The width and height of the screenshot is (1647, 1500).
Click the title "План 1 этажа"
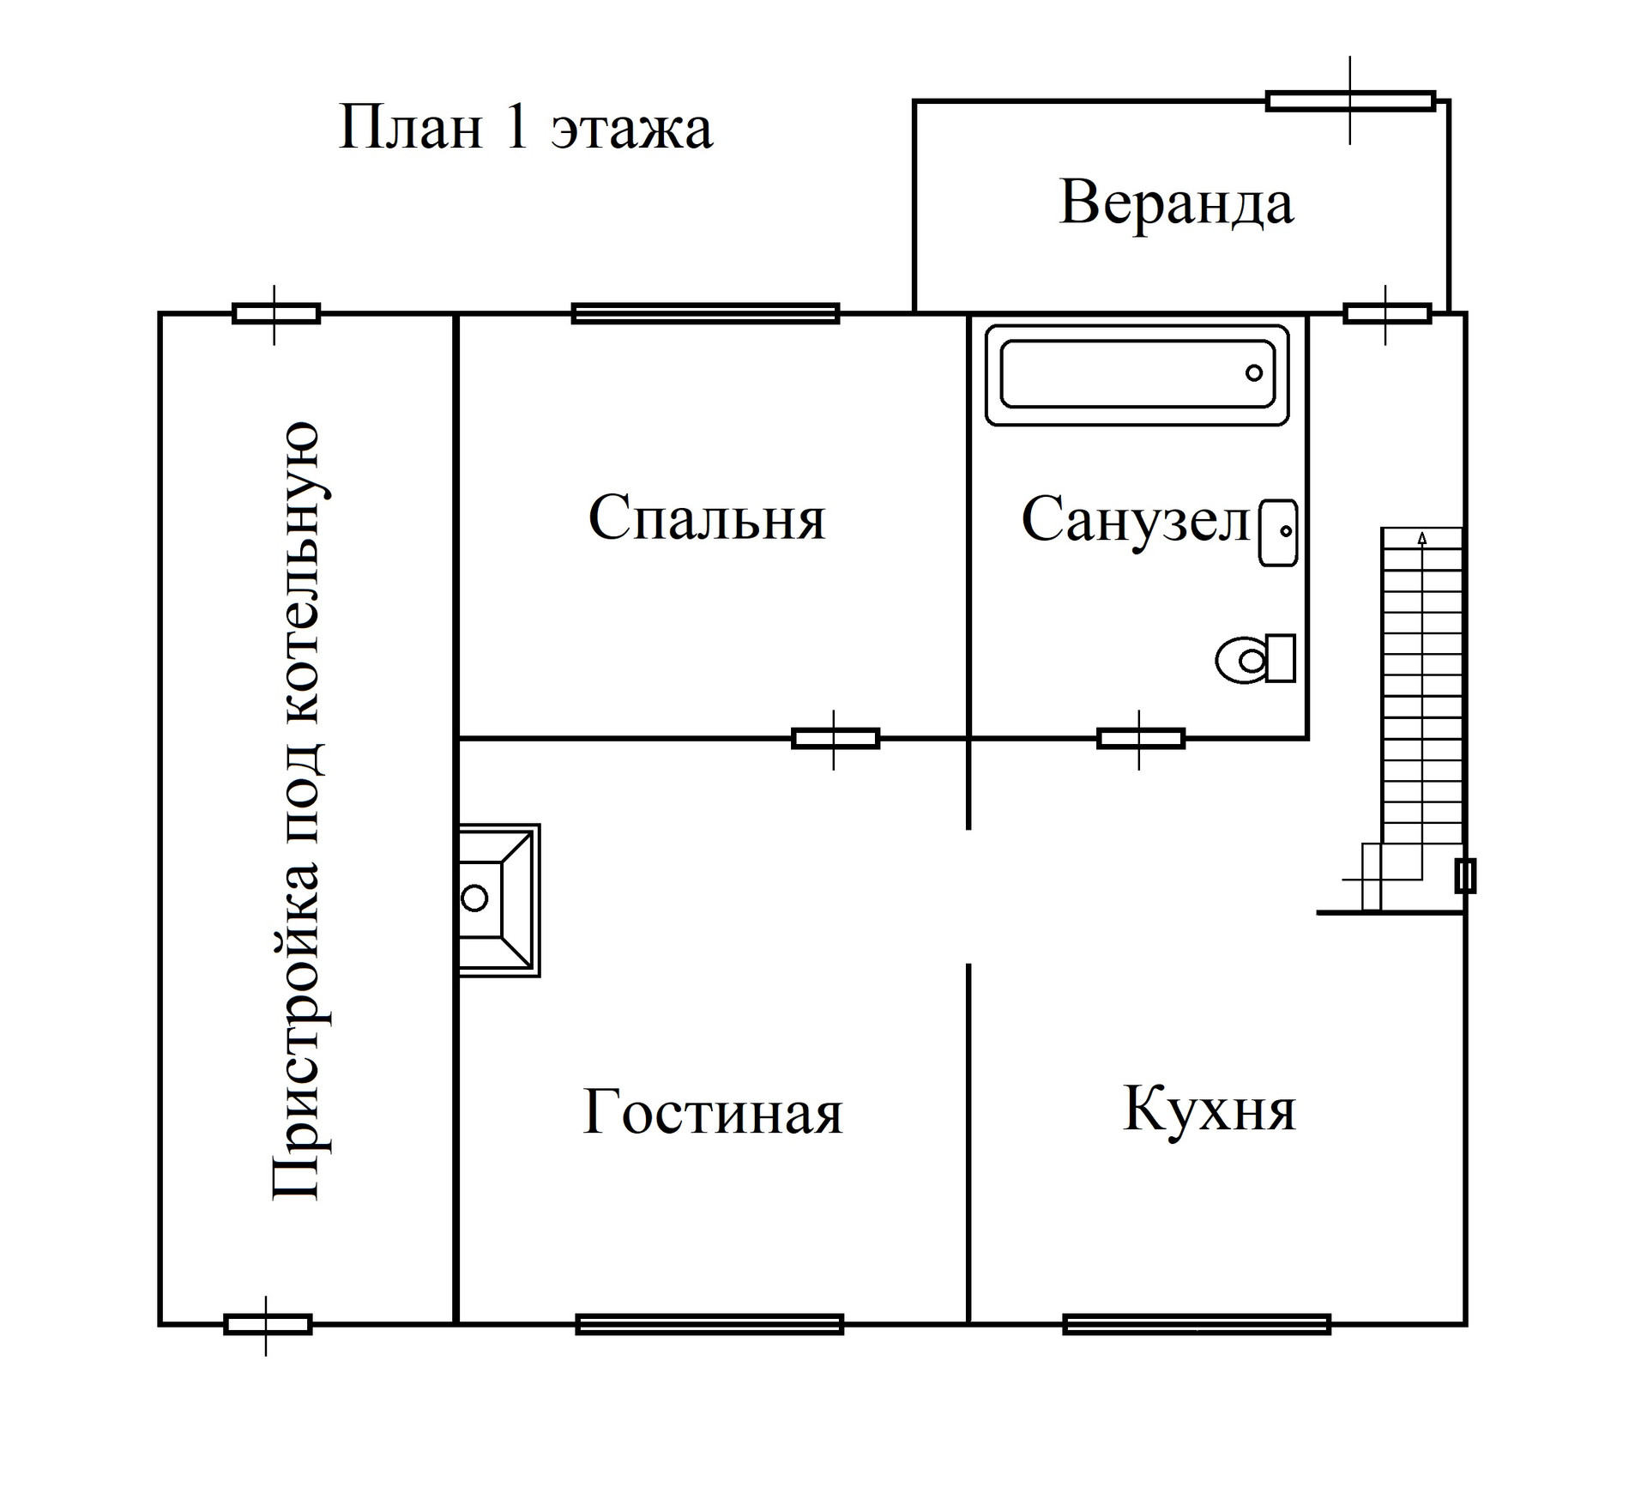coord(525,129)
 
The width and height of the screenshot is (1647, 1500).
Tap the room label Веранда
coord(1176,203)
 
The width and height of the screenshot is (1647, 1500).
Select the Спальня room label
coord(707,517)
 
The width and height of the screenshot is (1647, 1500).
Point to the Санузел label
coord(1135,520)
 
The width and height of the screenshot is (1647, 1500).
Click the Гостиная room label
coord(712,1112)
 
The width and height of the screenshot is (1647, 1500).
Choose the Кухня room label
coord(1209,1109)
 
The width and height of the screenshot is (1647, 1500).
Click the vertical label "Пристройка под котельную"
coord(297,810)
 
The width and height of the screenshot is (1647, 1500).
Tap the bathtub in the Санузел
coord(1137,374)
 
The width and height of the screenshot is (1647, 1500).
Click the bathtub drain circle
coord(1254,373)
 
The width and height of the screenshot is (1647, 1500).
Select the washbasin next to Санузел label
coord(1278,533)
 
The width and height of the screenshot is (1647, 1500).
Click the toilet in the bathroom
coord(1255,659)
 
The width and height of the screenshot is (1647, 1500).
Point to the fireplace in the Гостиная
coord(498,899)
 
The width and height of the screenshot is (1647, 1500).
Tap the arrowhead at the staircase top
coord(1422,538)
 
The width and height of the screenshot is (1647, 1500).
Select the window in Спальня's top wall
coord(705,313)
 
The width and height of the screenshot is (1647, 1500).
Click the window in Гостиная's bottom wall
coord(709,1324)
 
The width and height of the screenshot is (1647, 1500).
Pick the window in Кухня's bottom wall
coord(1197,1324)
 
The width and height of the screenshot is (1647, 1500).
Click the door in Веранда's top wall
coord(1350,101)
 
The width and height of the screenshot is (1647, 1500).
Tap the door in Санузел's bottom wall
coord(1140,738)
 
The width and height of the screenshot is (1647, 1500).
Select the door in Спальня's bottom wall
coord(835,738)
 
